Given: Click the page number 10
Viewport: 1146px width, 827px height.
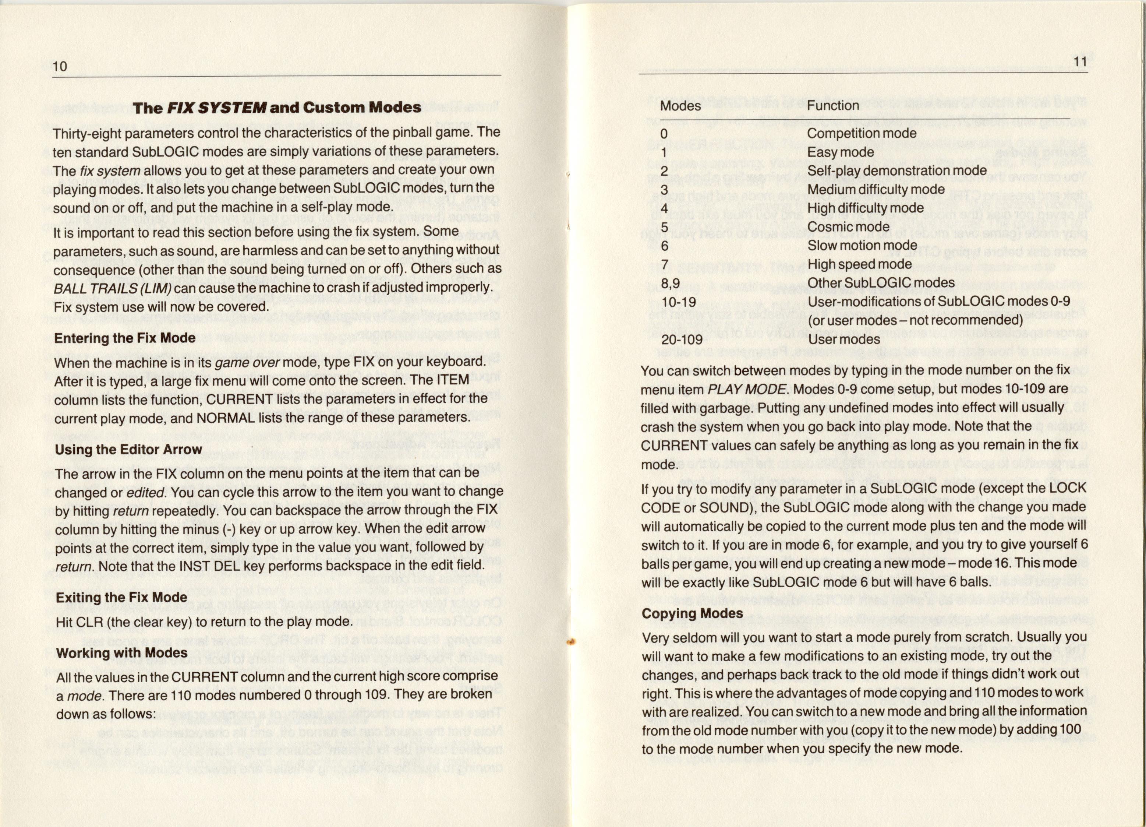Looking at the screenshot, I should tap(60, 66).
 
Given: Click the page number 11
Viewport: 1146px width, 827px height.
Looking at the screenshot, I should tap(1079, 62).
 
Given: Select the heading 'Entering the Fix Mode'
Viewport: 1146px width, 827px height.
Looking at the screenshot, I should tap(125, 338).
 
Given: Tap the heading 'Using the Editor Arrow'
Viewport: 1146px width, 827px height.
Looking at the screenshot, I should tap(128, 449).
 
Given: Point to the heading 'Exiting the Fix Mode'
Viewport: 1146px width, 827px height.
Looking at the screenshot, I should tap(121, 598).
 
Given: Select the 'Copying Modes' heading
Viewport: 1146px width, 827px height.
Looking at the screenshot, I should tap(692, 613).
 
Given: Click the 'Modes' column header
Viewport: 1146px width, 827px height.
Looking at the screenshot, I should tap(680, 106).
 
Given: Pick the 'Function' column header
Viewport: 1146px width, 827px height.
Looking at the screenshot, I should tap(833, 105).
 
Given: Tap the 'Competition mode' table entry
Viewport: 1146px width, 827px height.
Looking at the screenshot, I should tap(862, 133).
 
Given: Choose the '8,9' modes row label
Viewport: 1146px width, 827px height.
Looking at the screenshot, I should tap(670, 283).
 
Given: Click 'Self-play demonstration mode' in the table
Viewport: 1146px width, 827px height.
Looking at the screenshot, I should tap(897, 170).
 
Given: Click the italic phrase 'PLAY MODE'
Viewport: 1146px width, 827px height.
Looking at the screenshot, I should tap(746, 389).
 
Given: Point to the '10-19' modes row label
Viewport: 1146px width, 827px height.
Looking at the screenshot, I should tap(679, 302).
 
